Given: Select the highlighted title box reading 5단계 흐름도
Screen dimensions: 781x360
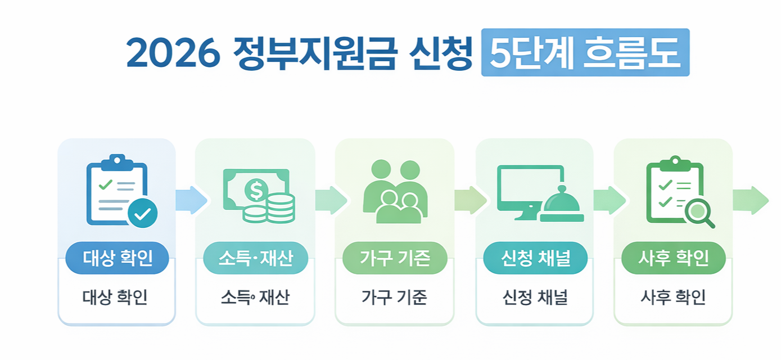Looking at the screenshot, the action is pyautogui.click(x=585, y=53).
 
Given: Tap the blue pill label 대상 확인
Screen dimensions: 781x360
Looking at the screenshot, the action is pyautogui.click(x=117, y=258).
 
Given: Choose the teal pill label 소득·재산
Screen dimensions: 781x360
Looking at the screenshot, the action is pyautogui.click(x=255, y=258).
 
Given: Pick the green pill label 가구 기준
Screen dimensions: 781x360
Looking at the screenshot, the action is pyautogui.click(x=394, y=258).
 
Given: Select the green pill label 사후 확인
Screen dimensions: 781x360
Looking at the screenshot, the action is pyautogui.click(x=673, y=258).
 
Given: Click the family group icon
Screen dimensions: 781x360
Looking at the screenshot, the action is pyautogui.click(x=395, y=191).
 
